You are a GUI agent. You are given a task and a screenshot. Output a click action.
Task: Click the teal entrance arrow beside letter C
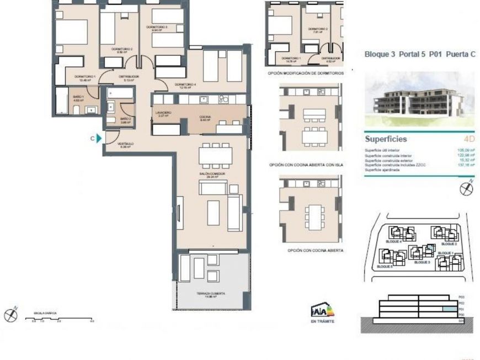tap(99, 139)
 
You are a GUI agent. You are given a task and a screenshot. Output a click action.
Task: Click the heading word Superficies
tap(386, 140)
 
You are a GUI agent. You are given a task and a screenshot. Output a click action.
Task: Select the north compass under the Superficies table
tap(467, 188)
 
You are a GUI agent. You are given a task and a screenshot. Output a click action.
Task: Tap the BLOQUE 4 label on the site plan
tap(392, 242)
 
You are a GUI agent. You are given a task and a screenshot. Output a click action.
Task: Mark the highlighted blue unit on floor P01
tap(450, 310)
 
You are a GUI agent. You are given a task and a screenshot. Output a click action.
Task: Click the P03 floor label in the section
tap(461, 297)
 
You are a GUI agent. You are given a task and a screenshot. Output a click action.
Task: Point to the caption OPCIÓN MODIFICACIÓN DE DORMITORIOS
tap(306, 73)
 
